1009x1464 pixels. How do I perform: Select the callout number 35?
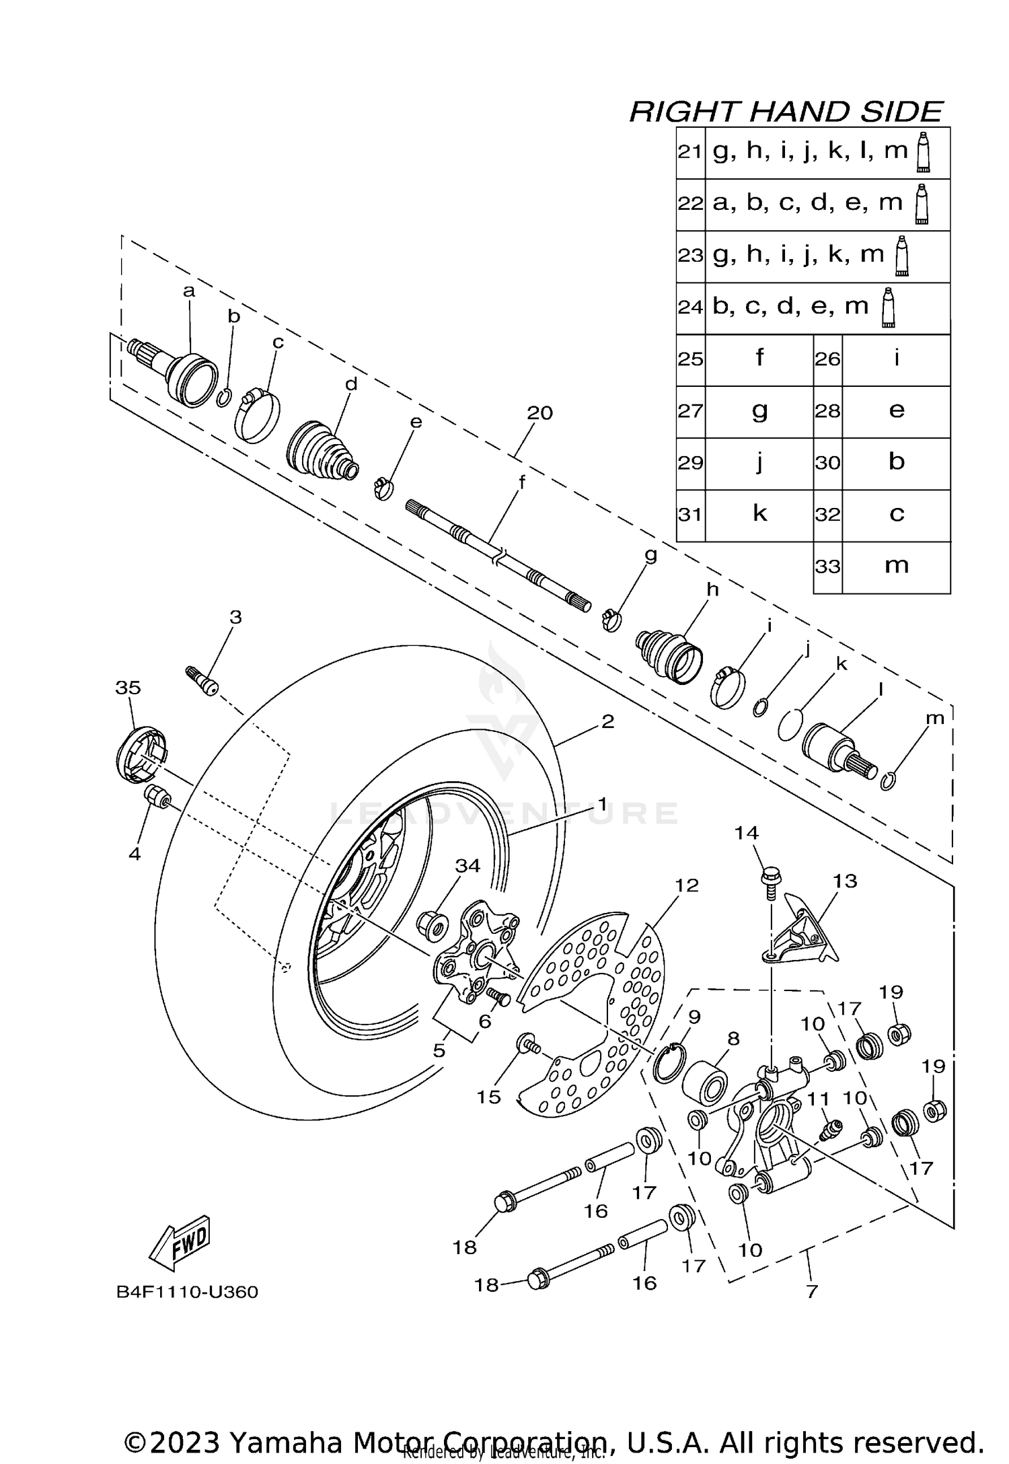pos(128,688)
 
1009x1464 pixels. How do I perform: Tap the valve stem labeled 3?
pos(202,680)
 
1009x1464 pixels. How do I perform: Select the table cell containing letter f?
pos(759,358)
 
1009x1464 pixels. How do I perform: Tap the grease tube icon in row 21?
pos(924,151)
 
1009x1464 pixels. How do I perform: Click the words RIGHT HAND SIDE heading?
pos(786,111)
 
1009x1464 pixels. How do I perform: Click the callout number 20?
pos(539,413)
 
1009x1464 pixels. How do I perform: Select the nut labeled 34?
pos(433,927)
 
